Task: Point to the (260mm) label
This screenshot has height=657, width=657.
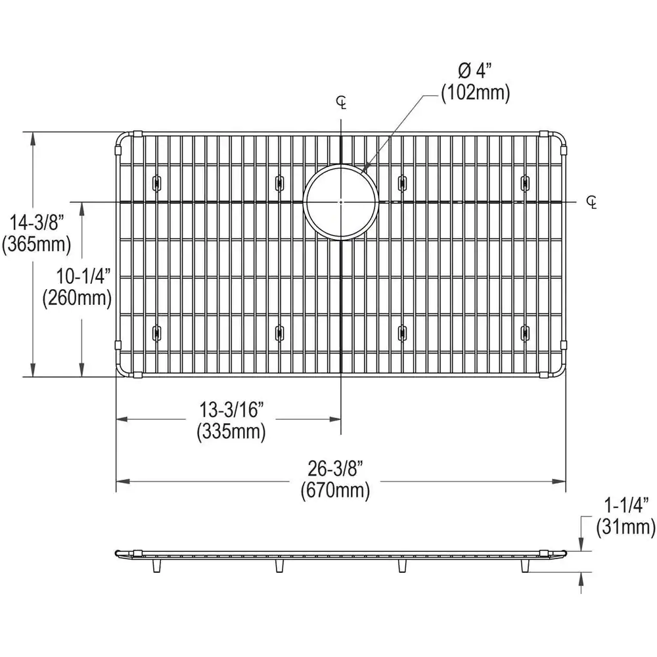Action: click(x=78, y=298)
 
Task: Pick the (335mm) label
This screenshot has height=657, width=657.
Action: click(x=231, y=432)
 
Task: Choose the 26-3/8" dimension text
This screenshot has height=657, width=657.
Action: click(x=335, y=468)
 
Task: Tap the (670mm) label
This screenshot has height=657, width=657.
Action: click(x=335, y=490)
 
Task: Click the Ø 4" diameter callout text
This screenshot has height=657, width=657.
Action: click(x=474, y=69)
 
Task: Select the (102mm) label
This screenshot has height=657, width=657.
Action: click(x=475, y=93)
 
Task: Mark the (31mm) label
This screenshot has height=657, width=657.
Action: click(x=626, y=526)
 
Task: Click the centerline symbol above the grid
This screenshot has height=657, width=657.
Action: click(x=341, y=102)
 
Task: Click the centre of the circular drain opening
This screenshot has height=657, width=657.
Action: click(x=341, y=202)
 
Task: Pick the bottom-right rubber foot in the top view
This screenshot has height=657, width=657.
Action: click(x=525, y=332)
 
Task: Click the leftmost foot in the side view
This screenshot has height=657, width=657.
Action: click(x=156, y=566)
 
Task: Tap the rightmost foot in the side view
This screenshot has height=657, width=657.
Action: click(x=525, y=566)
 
